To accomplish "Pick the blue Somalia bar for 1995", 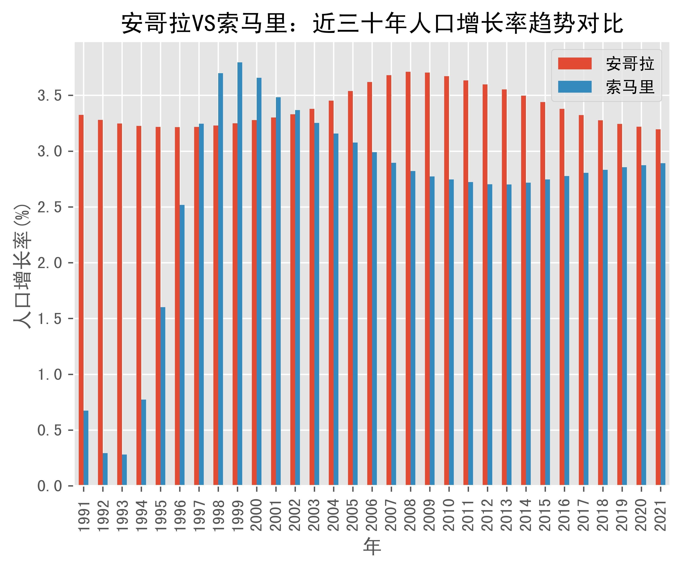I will tap(163, 396).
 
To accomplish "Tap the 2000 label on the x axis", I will tap(257, 515).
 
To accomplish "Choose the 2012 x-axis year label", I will tap(487, 515).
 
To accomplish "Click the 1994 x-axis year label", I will tap(141, 515).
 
